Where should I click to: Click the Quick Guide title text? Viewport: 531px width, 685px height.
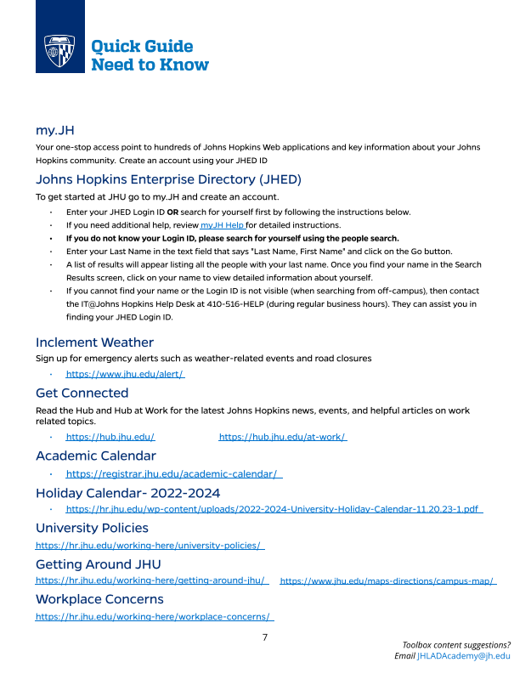142,47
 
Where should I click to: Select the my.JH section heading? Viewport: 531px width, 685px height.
55,130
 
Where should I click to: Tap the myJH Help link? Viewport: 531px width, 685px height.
223,225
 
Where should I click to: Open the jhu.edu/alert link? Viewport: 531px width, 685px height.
125,374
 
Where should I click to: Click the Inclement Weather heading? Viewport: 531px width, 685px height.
94,342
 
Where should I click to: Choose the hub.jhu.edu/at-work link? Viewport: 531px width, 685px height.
282,437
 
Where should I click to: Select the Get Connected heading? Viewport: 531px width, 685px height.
82,393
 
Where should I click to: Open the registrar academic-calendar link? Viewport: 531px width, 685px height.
173,473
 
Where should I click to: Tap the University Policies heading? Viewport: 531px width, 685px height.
92,528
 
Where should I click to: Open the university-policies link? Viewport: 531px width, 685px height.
149,545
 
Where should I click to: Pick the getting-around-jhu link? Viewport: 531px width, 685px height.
151,580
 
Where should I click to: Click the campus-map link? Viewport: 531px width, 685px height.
387,581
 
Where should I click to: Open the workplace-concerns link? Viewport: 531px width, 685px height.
154,616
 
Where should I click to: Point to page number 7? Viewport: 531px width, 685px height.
265,637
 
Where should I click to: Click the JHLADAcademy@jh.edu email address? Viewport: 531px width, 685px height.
463,656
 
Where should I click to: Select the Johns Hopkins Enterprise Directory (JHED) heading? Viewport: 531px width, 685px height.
168,179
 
